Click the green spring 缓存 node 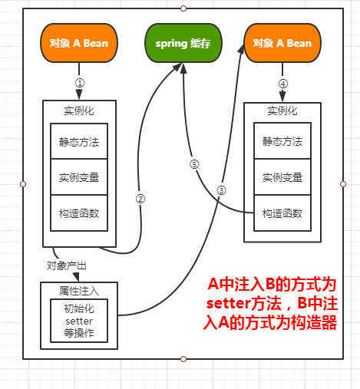[x=183, y=43]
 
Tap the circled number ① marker [x=80, y=83]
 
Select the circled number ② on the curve [x=140, y=199]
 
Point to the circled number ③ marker [x=221, y=190]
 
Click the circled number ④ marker [x=283, y=84]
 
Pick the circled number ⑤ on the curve [x=194, y=164]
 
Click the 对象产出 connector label [x=67, y=265]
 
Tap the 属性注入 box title [x=79, y=291]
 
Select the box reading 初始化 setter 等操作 [x=79, y=321]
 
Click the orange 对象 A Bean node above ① [x=79, y=43]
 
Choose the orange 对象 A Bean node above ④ [x=282, y=43]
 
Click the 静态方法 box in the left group [x=79, y=141]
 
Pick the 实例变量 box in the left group [x=79, y=177]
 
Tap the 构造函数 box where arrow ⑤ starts [x=282, y=213]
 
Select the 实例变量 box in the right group [x=282, y=176]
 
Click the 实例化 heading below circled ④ [x=282, y=111]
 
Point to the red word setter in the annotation [x=228, y=304]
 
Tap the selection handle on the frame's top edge [x=183, y=8]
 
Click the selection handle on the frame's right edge [x=343, y=184]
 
